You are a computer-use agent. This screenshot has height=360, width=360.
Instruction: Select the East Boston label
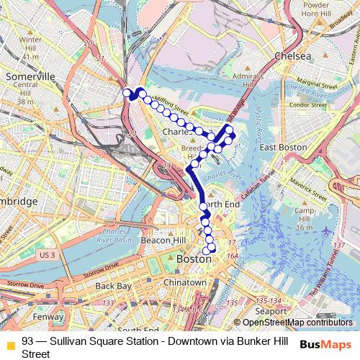click(279, 147)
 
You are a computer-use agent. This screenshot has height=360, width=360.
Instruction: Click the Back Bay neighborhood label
click(114, 286)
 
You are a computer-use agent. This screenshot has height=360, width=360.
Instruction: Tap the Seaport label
click(270, 310)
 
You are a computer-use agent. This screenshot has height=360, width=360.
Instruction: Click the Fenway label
click(48, 316)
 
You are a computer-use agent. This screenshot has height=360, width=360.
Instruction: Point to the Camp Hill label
click(305, 218)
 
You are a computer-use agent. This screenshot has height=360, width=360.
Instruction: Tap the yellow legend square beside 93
click(10, 344)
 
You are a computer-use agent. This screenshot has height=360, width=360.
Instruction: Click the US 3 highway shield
click(48, 255)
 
